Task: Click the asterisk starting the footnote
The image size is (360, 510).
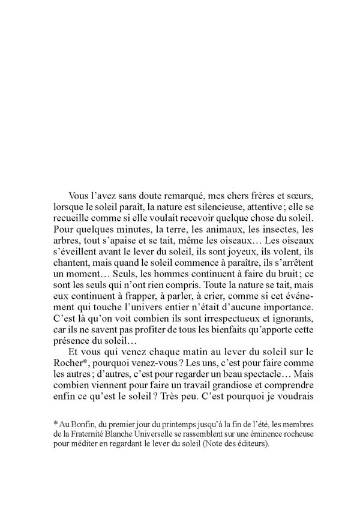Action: (55, 425)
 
